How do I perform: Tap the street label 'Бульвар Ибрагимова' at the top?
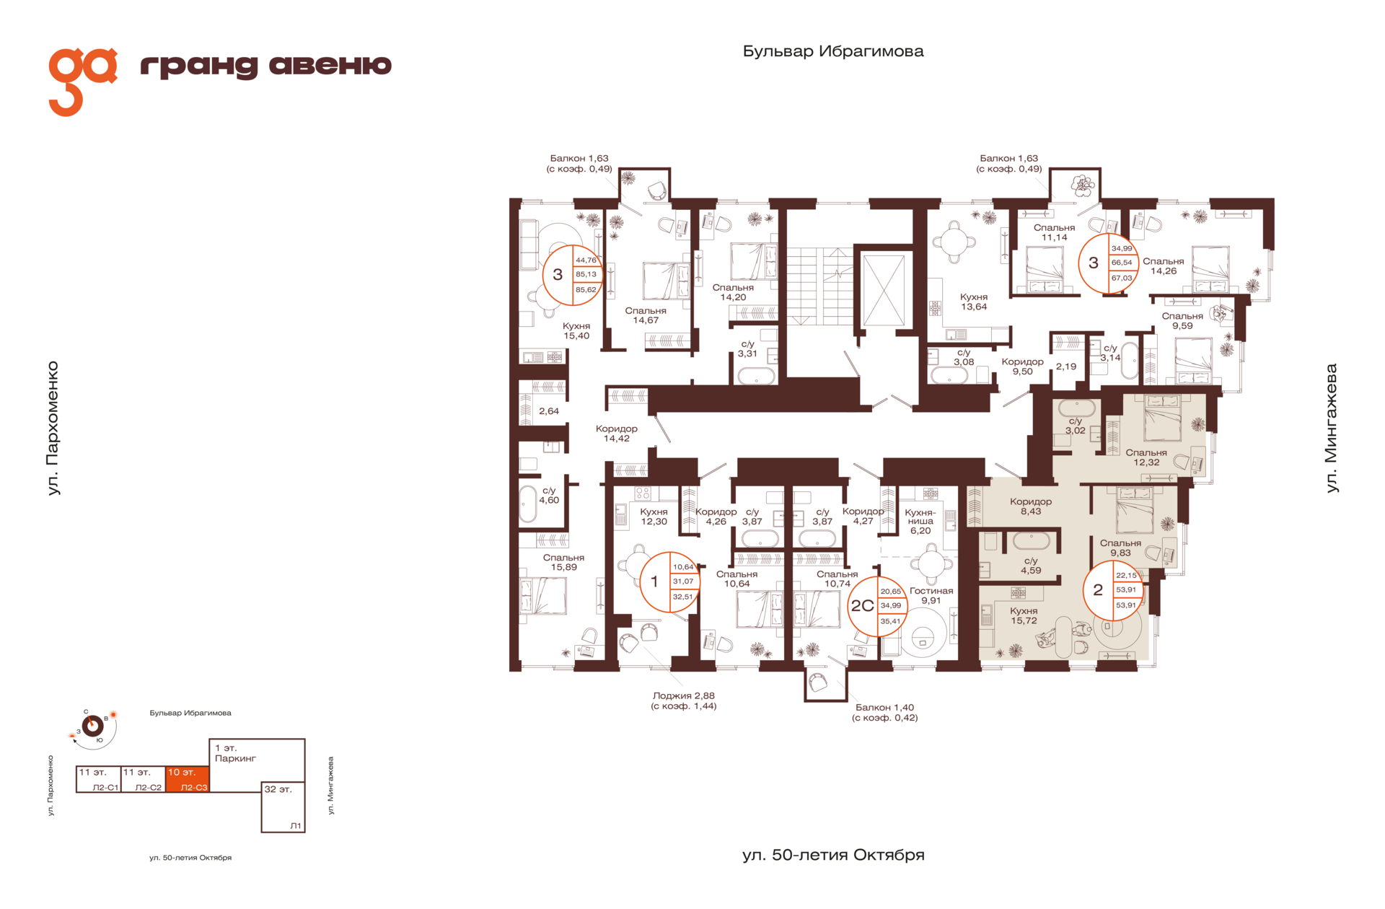coord(833,51)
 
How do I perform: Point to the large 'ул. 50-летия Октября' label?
coord(833,855)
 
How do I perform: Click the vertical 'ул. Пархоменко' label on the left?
coord(53,429)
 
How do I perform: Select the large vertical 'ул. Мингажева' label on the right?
coord(1331,429)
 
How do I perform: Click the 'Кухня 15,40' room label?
coord(576,330)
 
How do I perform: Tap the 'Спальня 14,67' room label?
coord(646,315)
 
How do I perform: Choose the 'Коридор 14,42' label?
coord(617,433)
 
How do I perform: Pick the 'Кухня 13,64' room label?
coord(974,302)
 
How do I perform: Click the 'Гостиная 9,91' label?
coord(931,595)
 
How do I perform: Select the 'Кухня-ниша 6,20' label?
coord(920,521)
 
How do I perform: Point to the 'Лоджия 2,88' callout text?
coord(684,701)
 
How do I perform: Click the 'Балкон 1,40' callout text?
coord(885,712)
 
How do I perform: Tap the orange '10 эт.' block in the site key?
coord(188,779)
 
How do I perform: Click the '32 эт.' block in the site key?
coord(283,807)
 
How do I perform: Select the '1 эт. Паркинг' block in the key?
coord(257,760)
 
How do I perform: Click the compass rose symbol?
coord(93,726)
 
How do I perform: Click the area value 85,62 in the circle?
coord(586,290)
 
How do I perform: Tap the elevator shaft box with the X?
coord(884,290)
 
